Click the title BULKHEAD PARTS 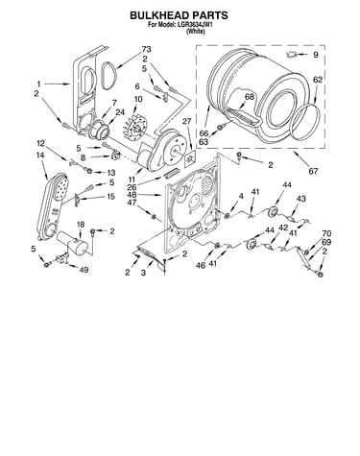tap(179, 15)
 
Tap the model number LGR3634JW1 tap(193, 25)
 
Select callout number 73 tap(146, 50)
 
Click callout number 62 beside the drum tap(318, 80)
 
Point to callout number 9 tap(316, 55)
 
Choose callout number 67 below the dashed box tap(313, 171)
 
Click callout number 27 tap(186, 121)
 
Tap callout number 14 tap(40, 156)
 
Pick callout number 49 tap(84, 270)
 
